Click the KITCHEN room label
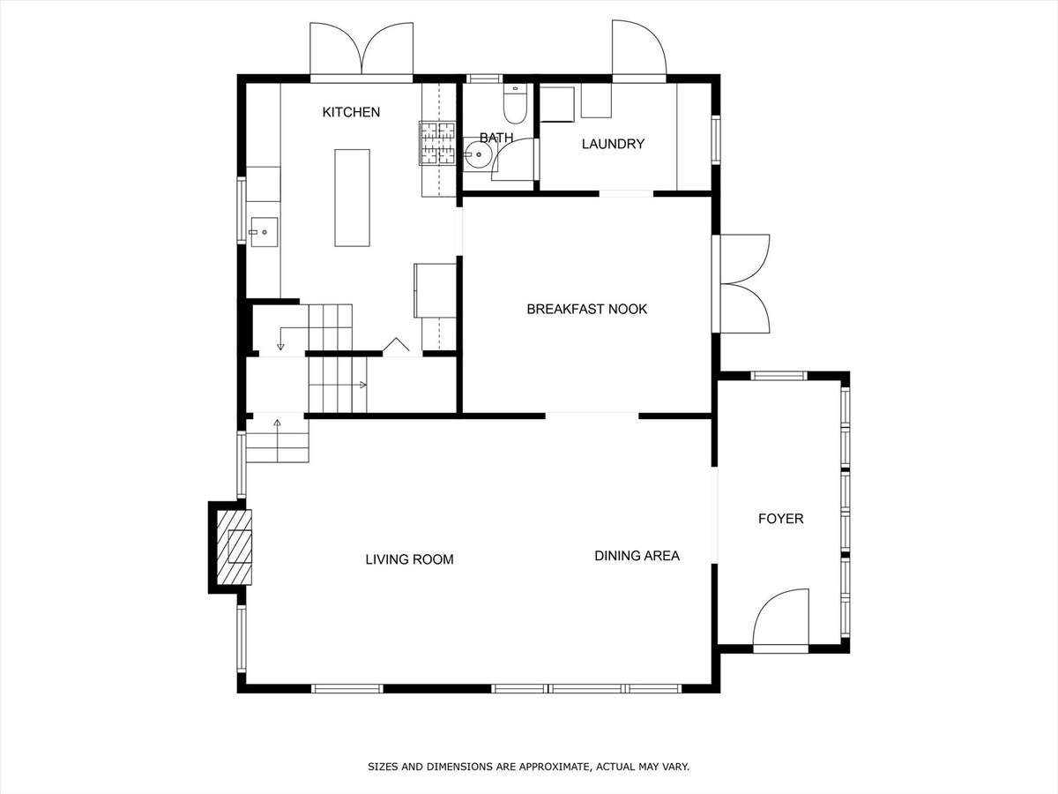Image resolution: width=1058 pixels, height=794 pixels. [x=351, y=112]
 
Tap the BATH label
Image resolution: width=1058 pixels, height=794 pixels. [x=496, y=138]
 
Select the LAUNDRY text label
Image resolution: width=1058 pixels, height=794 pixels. [x=613, y=144]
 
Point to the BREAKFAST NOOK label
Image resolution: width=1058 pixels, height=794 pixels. [x=586, y=309]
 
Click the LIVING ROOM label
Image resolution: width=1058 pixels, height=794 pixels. [x=409, y=559]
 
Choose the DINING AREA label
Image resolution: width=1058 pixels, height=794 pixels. [x=637, y=556]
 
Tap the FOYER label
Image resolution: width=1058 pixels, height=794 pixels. [x=781, y=519]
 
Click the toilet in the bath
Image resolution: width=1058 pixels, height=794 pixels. [x=515, y=103]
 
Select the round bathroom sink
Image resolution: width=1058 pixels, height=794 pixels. [x=478, y=154]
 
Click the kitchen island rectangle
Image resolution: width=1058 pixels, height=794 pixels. [x=353, y=198]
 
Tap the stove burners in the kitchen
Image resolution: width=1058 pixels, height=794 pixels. [x=437, y=143]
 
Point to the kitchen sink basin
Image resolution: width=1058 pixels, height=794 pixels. [x=264, y=232]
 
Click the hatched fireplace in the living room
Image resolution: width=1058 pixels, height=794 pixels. [x=235, y=547]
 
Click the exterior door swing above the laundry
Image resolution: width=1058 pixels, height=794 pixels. [x=639, y=49]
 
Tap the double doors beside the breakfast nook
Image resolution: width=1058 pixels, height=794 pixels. [x=741, y=283]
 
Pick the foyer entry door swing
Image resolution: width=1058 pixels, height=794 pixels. [x=781, y=619]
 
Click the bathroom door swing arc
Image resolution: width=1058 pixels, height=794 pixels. [x=513, y=159]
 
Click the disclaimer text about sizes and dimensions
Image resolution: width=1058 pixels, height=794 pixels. [x=528, y=767]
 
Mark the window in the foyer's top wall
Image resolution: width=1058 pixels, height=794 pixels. [x=779, y=376]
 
